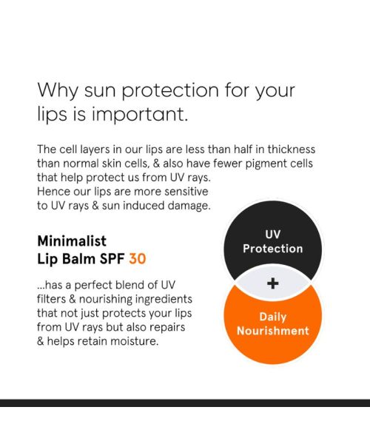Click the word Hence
[x=53, y=191]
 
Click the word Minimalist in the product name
[x=72, y=241]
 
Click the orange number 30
[x=137, y=259]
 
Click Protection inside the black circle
[x=273, y=249]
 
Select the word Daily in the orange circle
[x=272, y=317]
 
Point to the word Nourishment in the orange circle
[x=272, y=331]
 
